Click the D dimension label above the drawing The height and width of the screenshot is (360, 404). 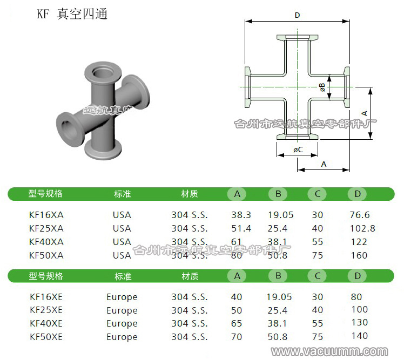click(x=297, y=16)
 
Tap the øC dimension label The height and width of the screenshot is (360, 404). click(x=298, y=149)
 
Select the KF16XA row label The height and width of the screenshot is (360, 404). click(x=46, y=215)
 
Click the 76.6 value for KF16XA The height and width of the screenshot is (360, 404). click(x=360, y=215)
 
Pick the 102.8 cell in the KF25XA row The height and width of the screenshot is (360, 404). click(x=362, y=228)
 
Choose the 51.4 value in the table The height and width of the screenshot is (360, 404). click(x=241, y=228)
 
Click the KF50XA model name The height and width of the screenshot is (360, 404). click(x=46, y=255)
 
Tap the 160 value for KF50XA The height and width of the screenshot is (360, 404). click(x=359, y=255)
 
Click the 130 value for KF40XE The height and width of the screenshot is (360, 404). click(x=359, y=323)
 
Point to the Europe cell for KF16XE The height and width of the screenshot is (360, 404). click(x=122, y=297)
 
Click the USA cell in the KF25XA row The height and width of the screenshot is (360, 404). click(x=122, y=228)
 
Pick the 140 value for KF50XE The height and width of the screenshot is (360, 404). click(x=359, y=336)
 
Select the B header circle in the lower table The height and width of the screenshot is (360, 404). click(x=278, y=276)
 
